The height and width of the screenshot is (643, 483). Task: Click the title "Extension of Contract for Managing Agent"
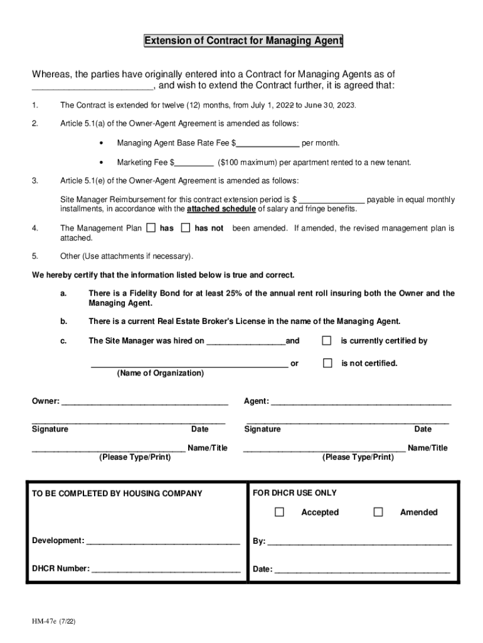click(x=243, y=41)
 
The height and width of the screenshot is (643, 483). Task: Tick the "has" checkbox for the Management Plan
click(x=151, y=228)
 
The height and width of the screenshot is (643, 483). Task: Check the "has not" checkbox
click(x=185, y=228)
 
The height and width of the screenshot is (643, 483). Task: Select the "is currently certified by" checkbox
click(x=326, y=340)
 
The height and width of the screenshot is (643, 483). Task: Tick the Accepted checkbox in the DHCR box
click(x=279, y=512)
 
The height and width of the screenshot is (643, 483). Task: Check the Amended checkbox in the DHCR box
click(x=378, y=512)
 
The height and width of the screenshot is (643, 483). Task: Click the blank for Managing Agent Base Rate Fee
click(x=268, y=144)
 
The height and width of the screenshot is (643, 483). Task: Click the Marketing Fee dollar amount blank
click(x=194, y=163)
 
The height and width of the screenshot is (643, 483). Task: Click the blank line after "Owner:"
click(x=144, y=402)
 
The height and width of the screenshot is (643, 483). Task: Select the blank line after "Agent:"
click(x=361, y=402)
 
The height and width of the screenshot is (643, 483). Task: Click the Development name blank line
click(x=163, y=541)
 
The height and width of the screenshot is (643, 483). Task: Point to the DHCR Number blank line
click(x=166, y=570)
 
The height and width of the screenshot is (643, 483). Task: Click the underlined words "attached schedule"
click(x=221, y=209)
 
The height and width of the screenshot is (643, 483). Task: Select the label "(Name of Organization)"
click(x=160, y=374)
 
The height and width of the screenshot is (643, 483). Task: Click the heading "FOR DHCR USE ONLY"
click(x=295, y=494)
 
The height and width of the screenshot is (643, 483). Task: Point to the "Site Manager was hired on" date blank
click(x=245, y=342)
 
